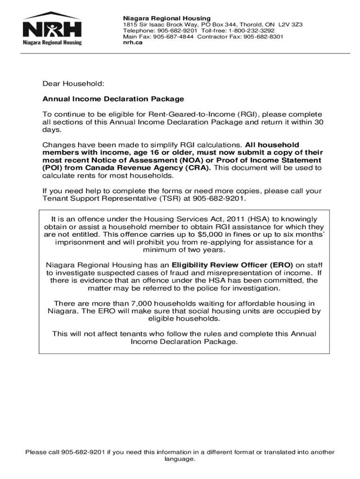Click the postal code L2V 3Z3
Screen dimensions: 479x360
pyautogui.click(x=290, y=24)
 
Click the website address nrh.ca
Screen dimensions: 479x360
pyautogui.click(x=132, y=42)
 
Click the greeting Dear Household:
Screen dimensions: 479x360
pyautogui.click(x=73, y=84)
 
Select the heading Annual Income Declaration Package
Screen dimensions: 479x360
pyautogui.click(x=113, y=99)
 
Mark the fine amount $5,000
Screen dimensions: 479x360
pyautogui.click(x=202, y=234)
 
